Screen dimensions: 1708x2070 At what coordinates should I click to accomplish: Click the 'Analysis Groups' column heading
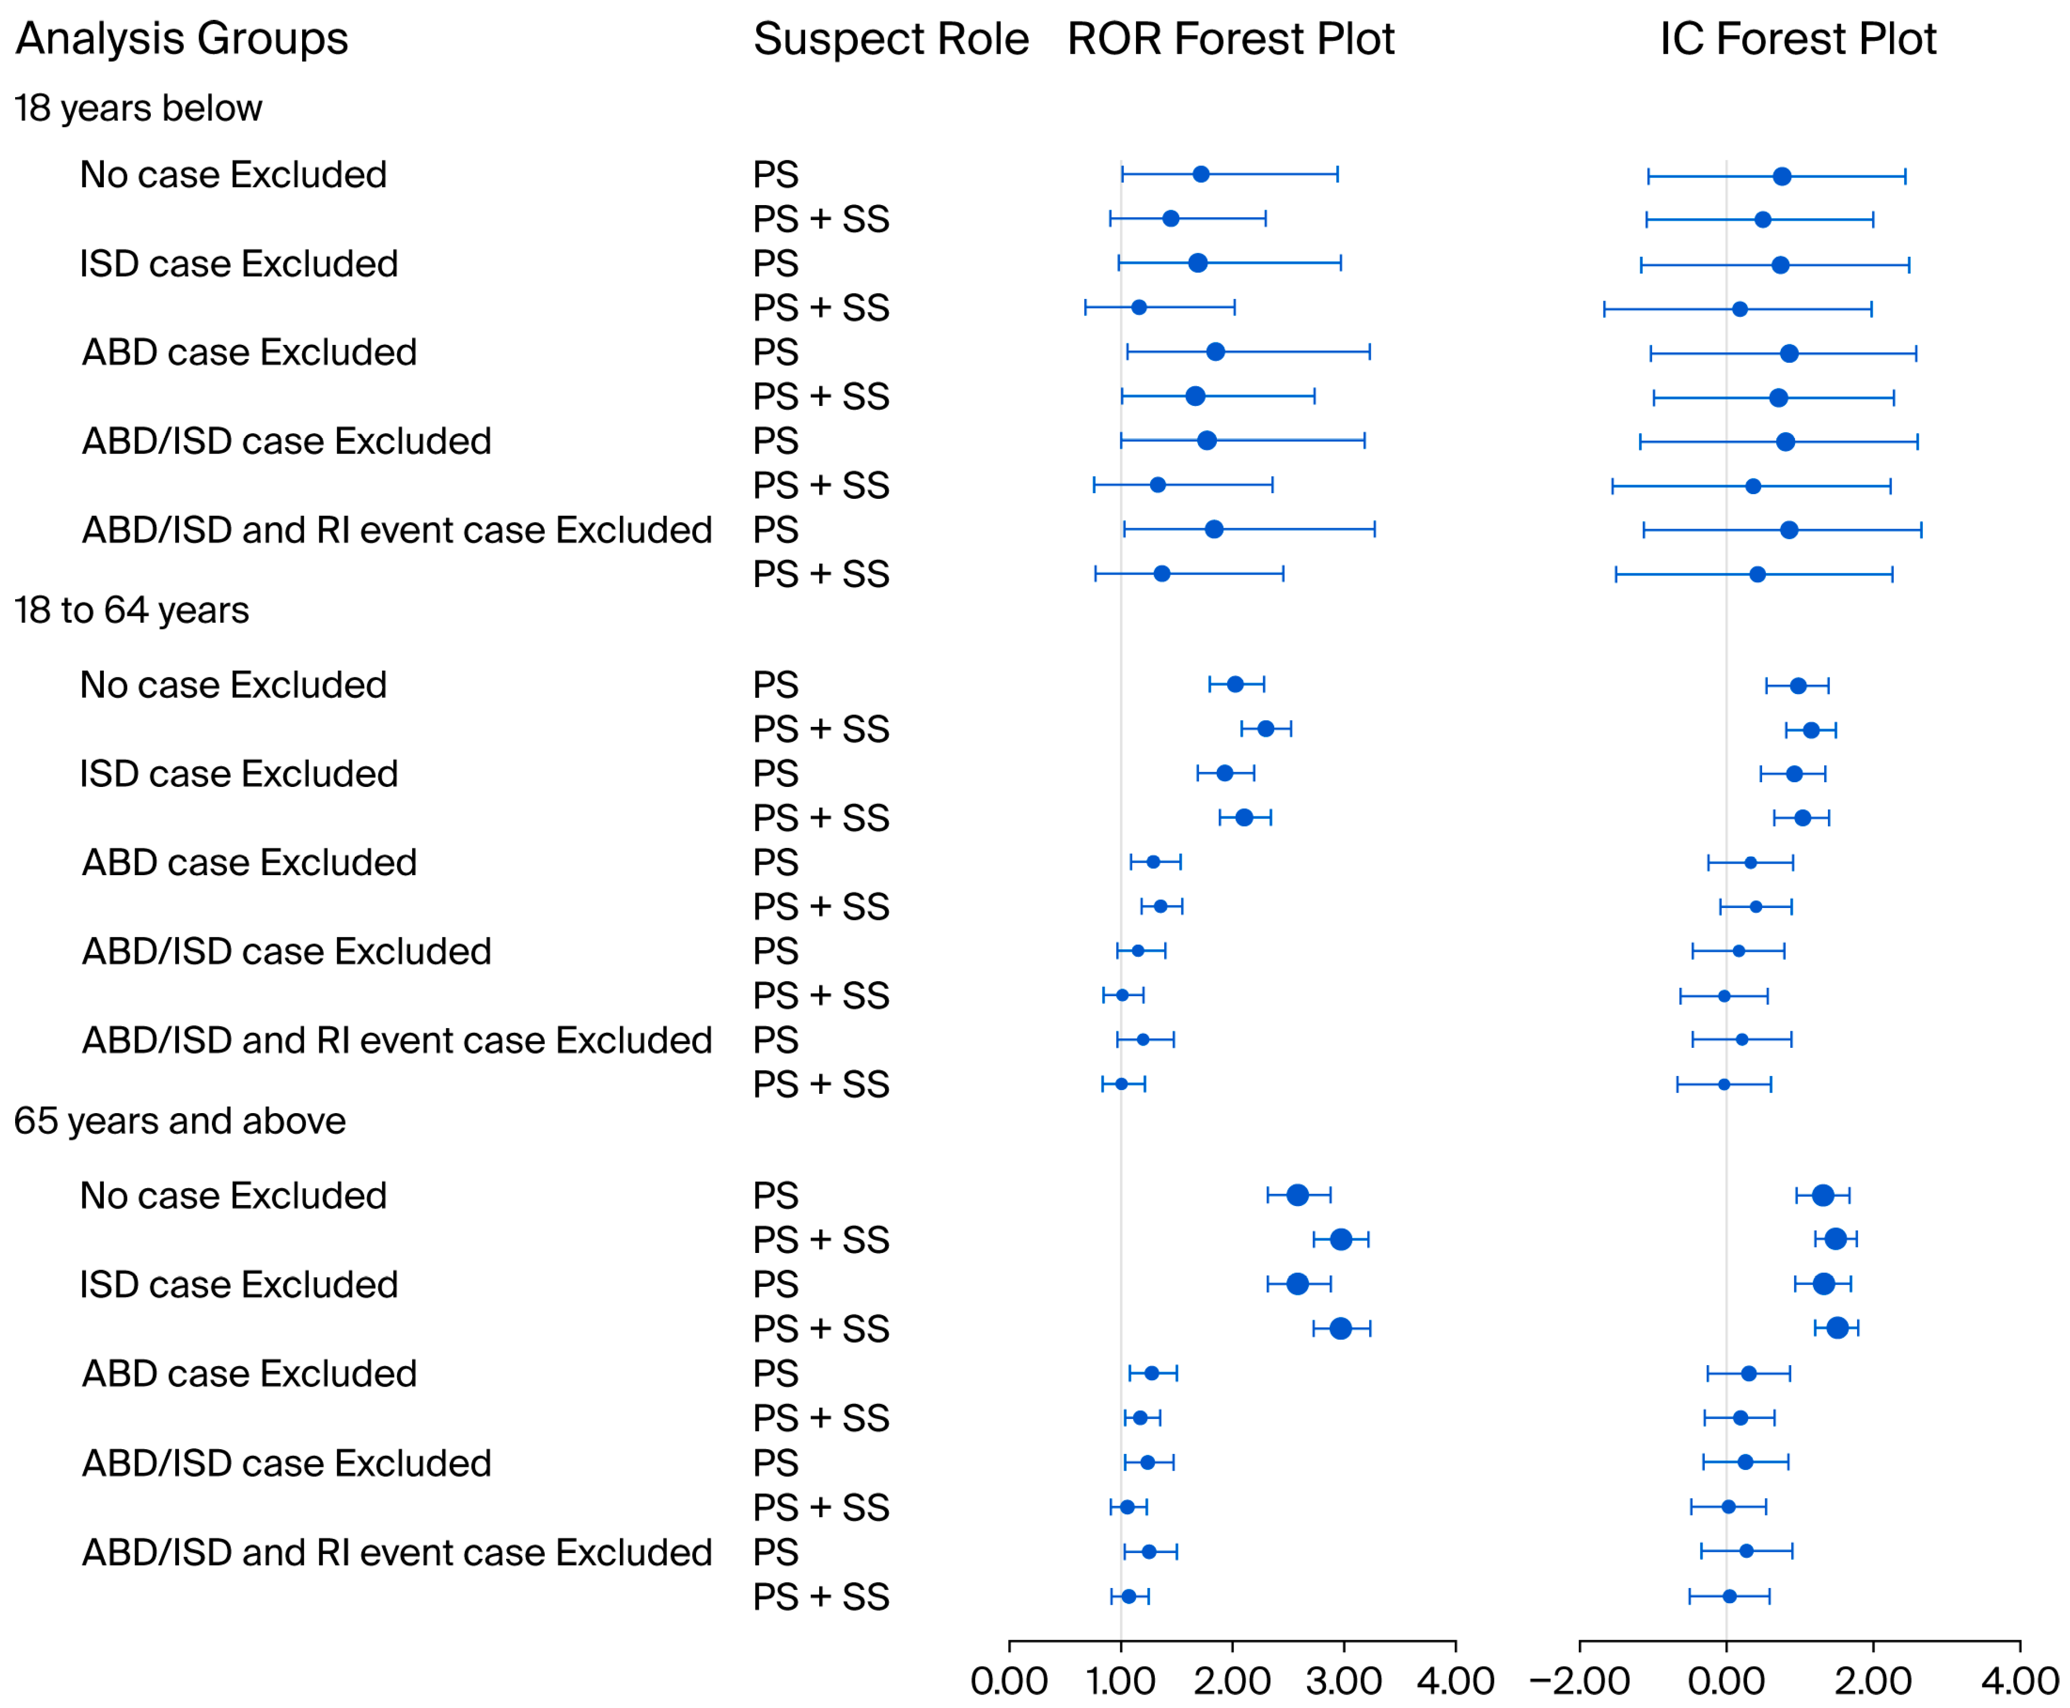point(182,39)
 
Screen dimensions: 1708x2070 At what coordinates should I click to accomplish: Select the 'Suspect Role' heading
point(890,39)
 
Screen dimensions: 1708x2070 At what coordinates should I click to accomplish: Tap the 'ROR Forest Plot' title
point(1231,39)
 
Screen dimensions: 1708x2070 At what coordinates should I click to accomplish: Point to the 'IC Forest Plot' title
point(1798,39)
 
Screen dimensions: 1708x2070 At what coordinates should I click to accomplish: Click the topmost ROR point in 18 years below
point(1200,174)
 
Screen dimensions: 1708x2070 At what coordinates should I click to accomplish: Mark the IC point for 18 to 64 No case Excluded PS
point(1798,686)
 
